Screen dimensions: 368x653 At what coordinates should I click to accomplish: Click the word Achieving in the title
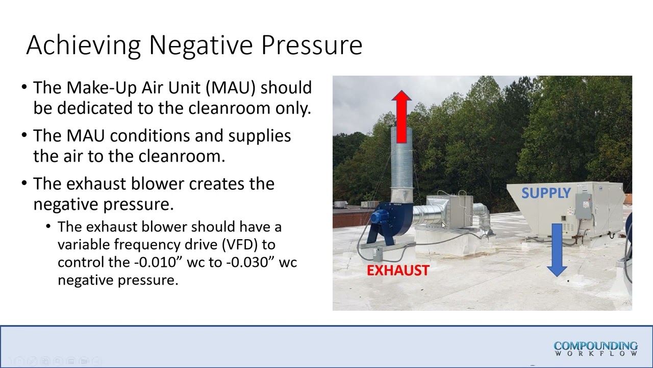[x=83, y=45]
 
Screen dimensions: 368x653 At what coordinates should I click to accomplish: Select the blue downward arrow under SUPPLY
[x=557, y=250]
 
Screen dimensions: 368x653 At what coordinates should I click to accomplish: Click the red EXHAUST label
[x=398, y=270]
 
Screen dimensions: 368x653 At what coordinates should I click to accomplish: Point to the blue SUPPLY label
[x=546, y=193]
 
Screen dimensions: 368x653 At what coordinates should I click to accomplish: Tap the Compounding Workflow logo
[x=595, y=348]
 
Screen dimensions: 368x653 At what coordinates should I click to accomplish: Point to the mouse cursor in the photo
[x=443, y=225]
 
